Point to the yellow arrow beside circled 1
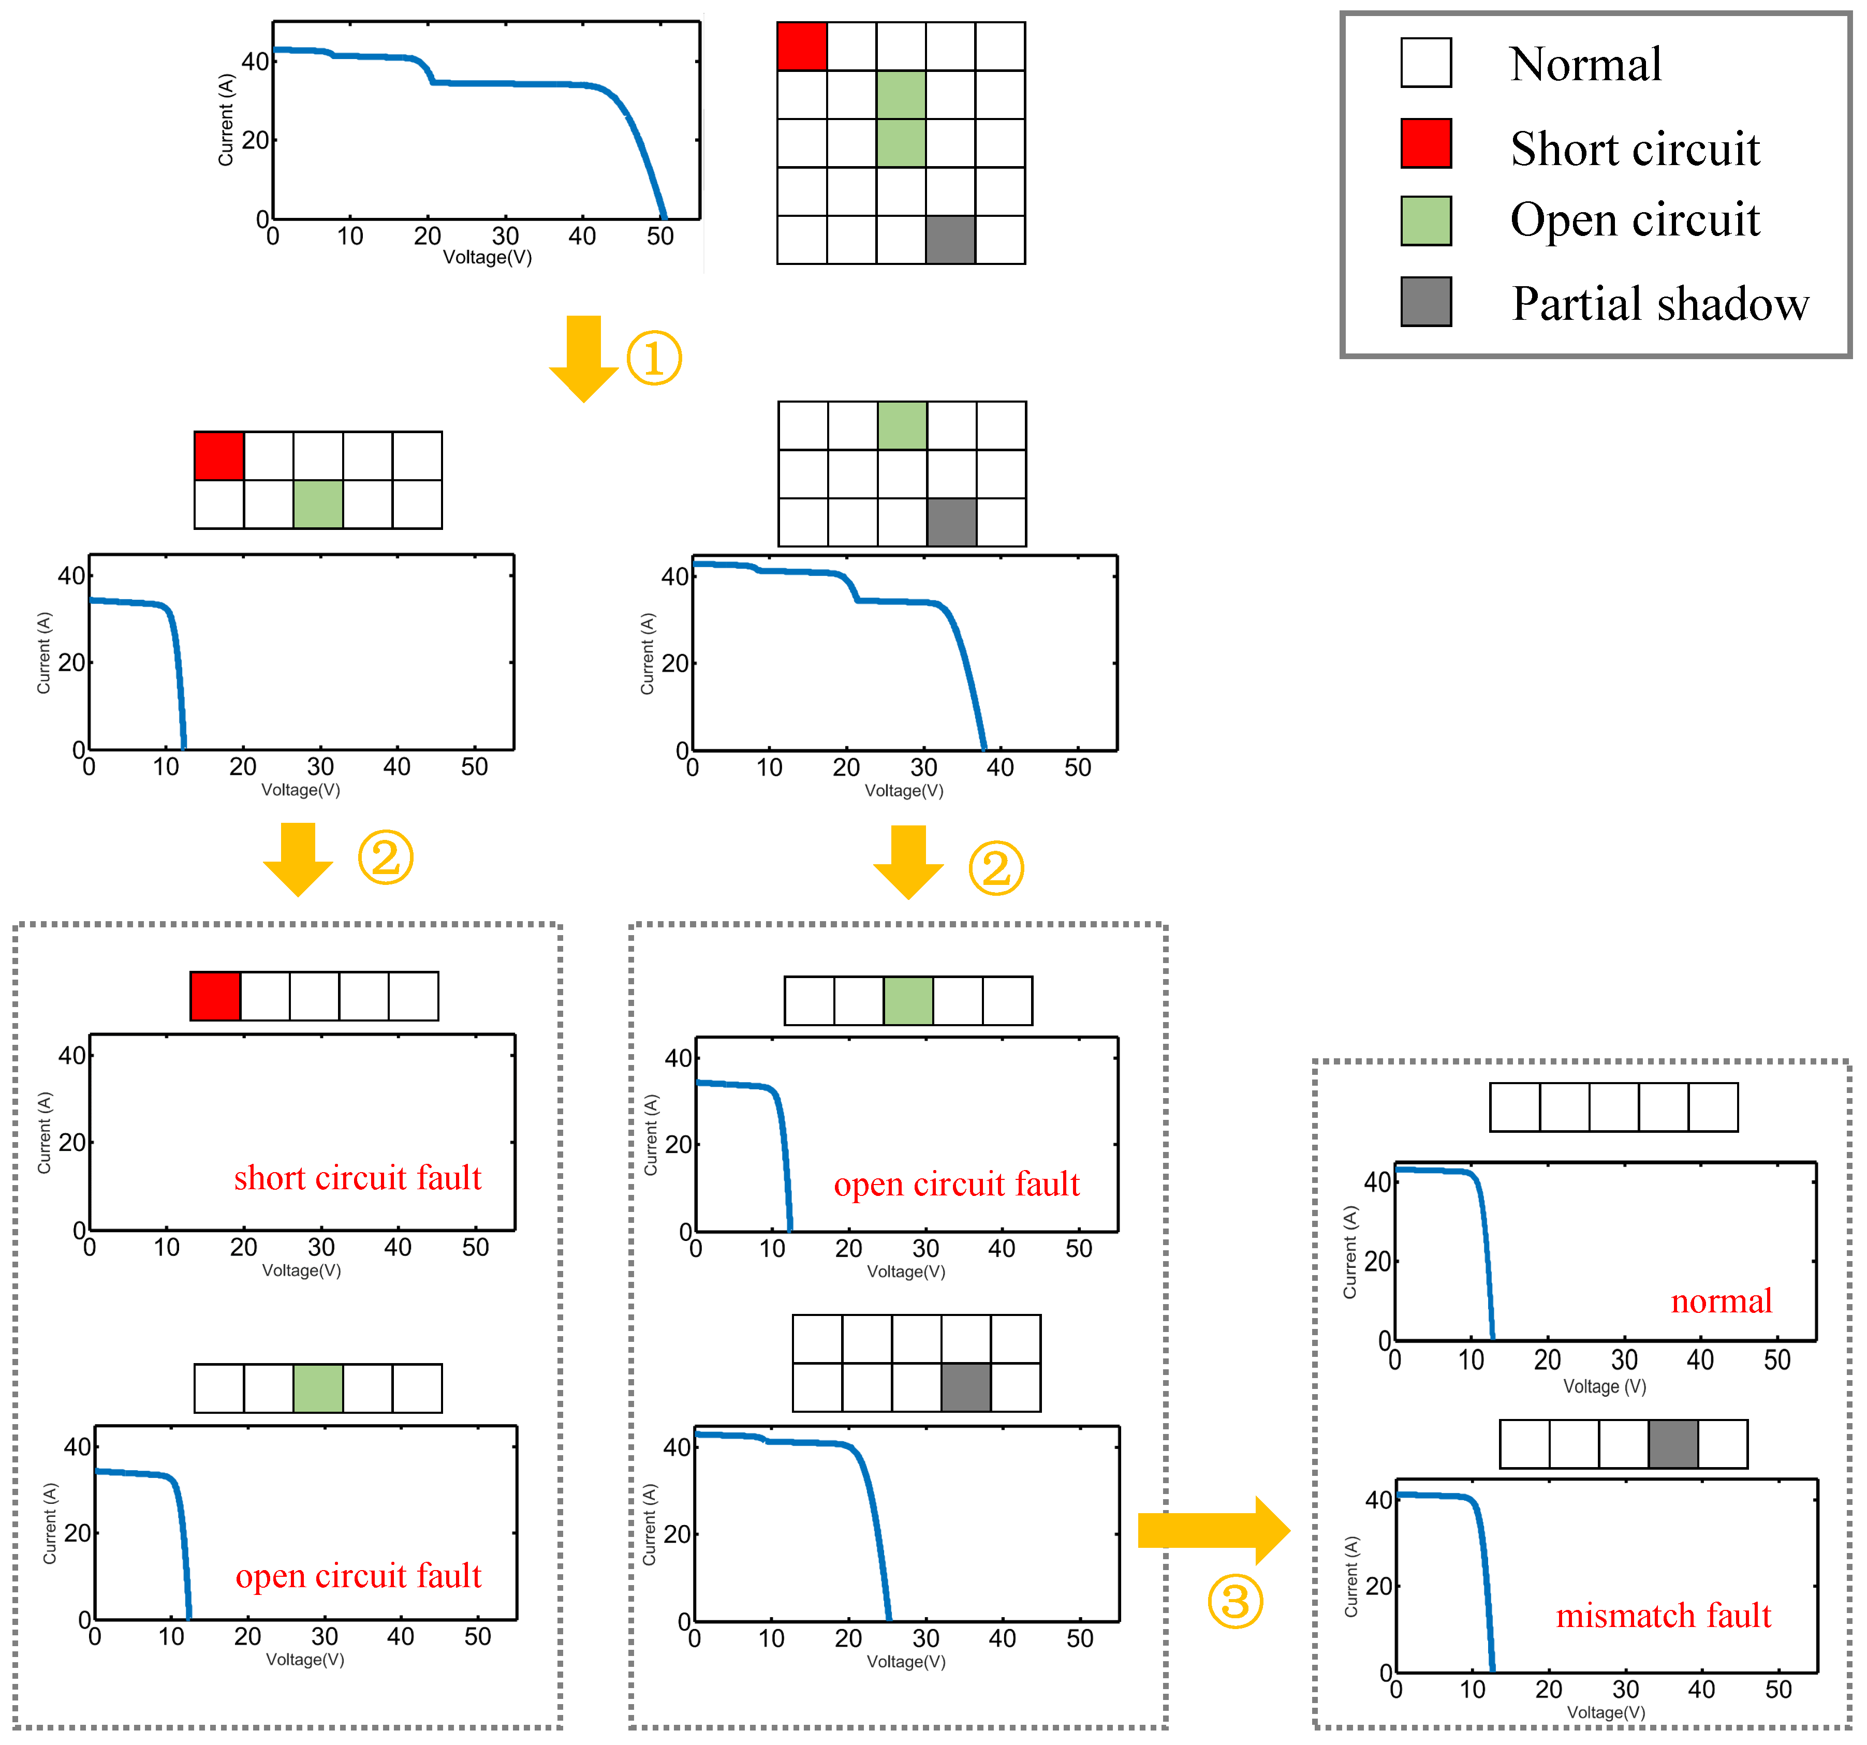583,358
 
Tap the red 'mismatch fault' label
1662,1616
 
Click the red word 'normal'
1721,1301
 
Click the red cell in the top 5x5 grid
802,46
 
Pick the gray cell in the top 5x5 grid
950,240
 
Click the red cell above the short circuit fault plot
215,996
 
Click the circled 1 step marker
654,358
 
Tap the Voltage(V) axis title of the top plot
488,257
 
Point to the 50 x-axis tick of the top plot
660,236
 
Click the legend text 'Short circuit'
1634,150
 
